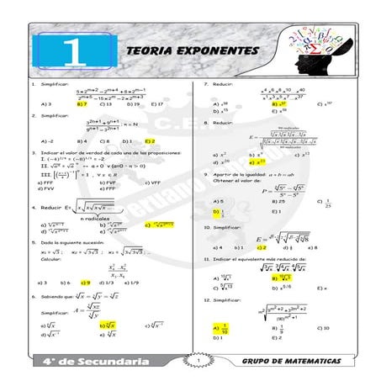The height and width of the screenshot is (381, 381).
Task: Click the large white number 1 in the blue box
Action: (74, 50)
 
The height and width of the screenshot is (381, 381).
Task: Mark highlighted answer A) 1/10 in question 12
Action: (220, 329)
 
